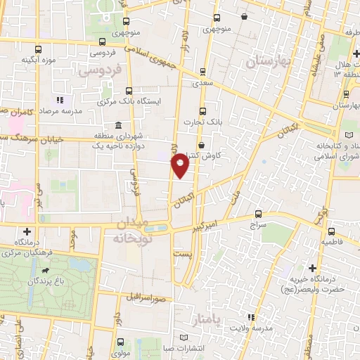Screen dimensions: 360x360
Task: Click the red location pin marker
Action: click(x=181, y=165)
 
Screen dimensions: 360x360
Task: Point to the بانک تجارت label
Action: click(x=203, y=122)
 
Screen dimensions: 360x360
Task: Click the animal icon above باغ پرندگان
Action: click(x=46, y=271)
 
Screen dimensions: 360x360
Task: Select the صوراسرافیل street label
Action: click(x=146, y=297)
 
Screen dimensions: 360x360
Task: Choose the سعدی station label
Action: click(x=202, y=83)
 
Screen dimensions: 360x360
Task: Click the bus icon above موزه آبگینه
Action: click(x=38, y=51)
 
